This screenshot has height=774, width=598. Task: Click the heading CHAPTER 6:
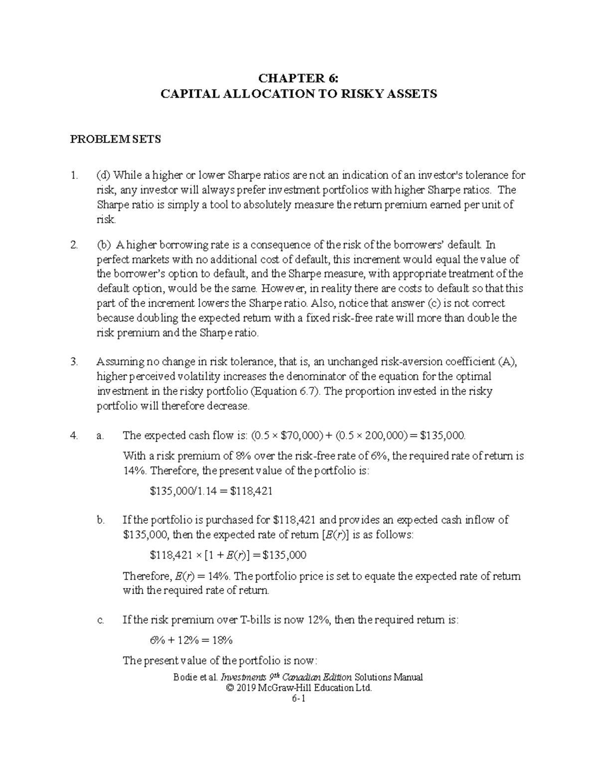click(298, 78)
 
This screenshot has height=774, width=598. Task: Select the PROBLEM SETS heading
click(115, 140)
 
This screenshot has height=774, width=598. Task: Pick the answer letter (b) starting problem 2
click(104, 245)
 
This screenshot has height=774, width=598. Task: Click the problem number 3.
click(74, 362)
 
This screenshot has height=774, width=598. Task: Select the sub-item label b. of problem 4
click(101, 520)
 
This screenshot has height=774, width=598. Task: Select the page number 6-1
click(299, 699)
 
